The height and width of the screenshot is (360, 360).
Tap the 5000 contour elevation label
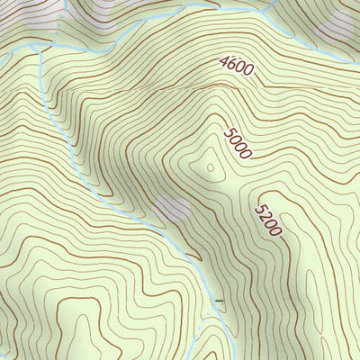point(238,142)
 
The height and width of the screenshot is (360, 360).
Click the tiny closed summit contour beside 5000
point(211,166)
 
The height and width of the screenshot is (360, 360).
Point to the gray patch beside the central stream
point(171,211)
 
